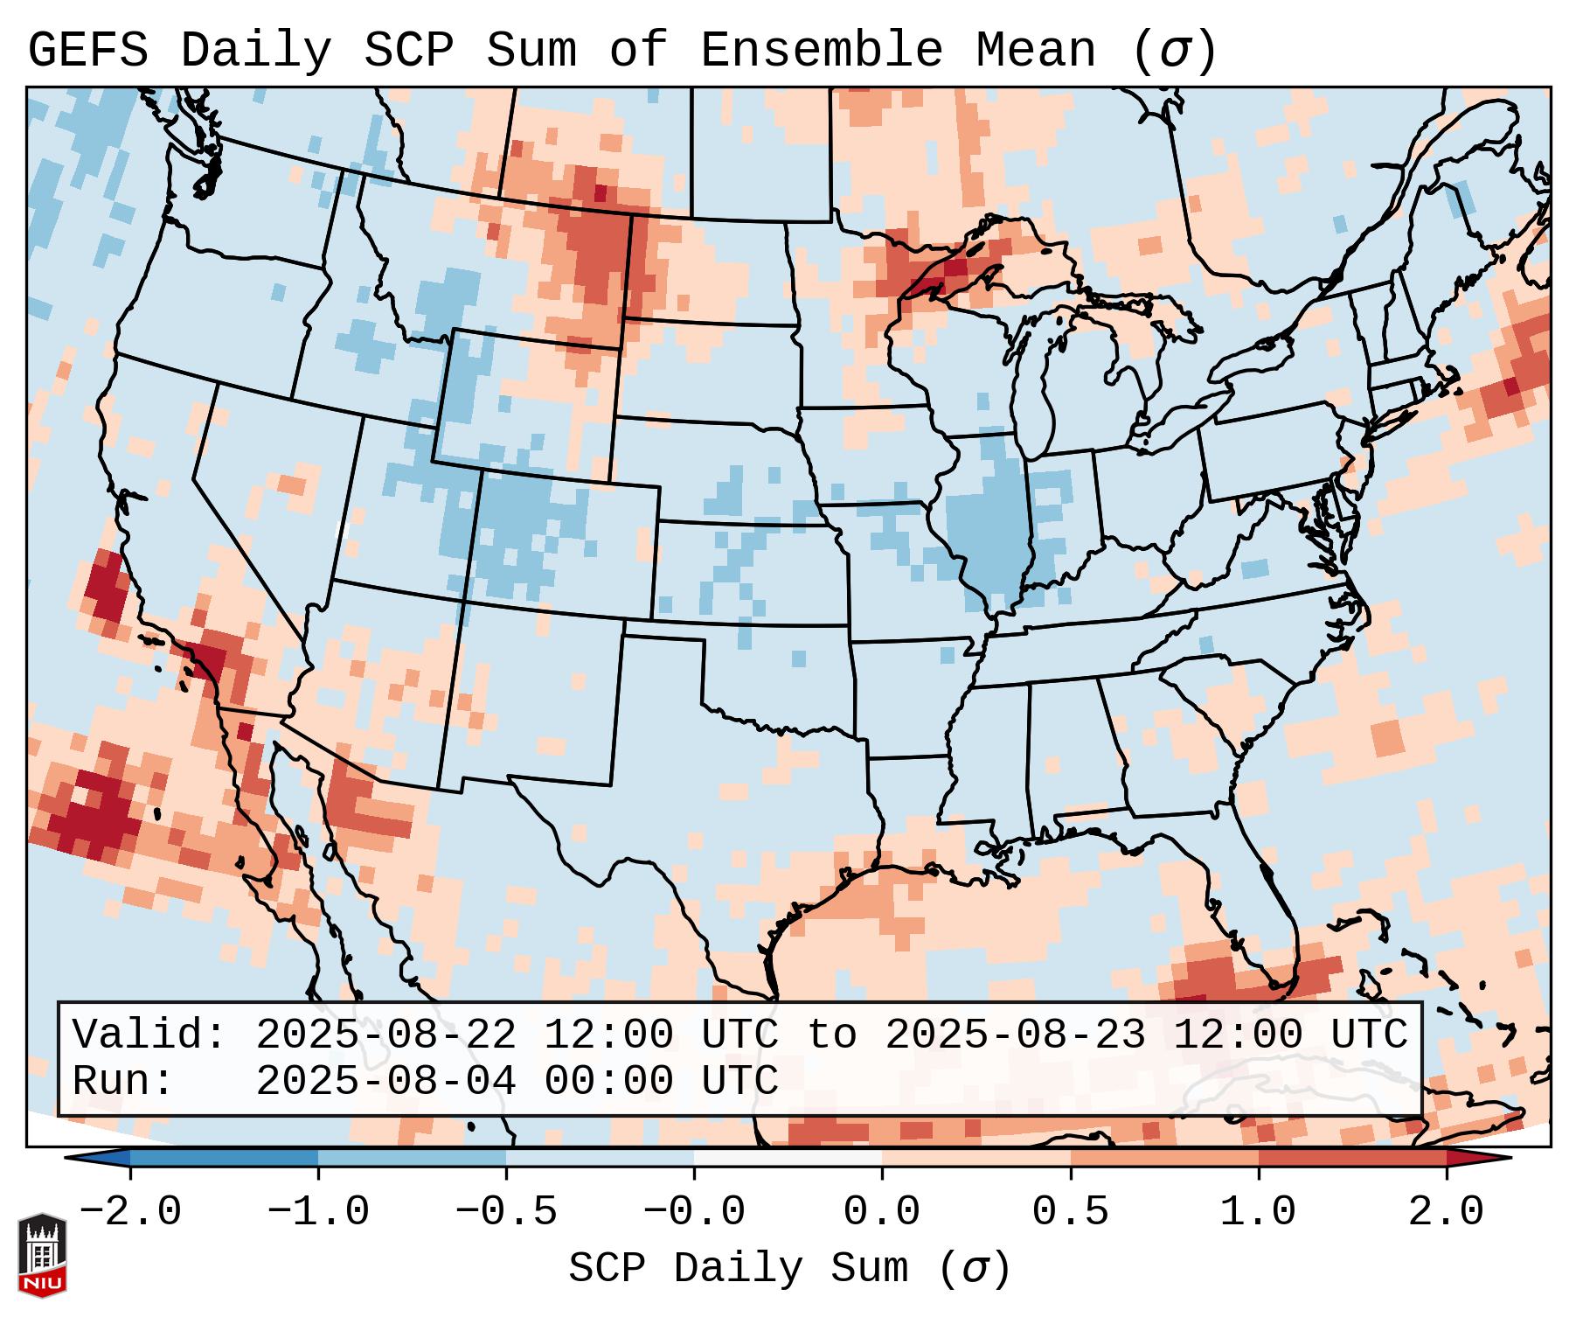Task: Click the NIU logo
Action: pos(42,1254)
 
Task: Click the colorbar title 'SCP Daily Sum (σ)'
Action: pos(788,1270)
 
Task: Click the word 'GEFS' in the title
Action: pos(87,51)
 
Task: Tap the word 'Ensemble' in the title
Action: pos(821,51)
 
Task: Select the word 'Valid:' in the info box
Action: pos(149,1035)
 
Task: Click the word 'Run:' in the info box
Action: pos(122,1081)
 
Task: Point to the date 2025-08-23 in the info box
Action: pos(1015,1035)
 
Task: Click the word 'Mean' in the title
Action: pos(1035,51)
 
